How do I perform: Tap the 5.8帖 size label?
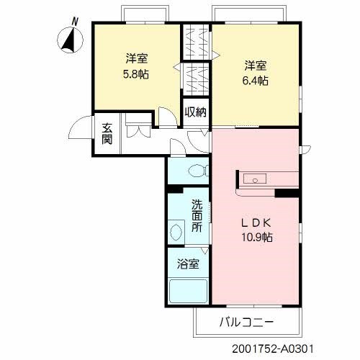click(x=135, y=73)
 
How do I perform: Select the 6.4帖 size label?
click(x=255, y=81)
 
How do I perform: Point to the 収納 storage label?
click(x=195, y=112)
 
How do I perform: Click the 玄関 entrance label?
click(x=107, y=134)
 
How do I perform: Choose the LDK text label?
click(x=256, y=222)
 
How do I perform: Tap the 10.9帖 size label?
click(x=256, y=236)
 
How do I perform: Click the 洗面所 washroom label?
click(x=197, y=215)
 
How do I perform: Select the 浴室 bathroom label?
click(x=189, y=263)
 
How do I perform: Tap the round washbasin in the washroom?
click(x=175, y=233)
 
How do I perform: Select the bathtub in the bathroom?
click(x=188, y=292)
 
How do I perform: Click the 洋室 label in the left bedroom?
click(x=135, y=58)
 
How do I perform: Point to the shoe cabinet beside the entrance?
click(x=137, y=132)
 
